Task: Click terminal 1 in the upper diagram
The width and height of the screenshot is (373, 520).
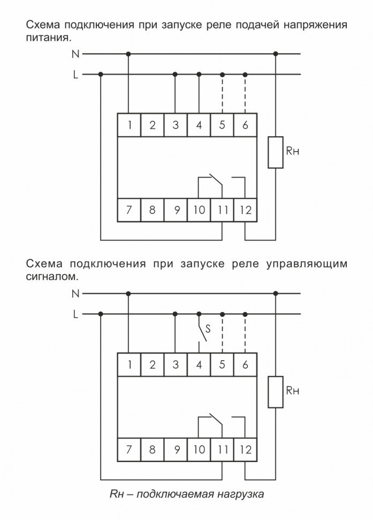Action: pos(128,125)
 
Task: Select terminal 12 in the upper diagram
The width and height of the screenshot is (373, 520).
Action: pos(246,210)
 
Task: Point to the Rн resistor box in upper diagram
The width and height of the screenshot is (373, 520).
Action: pos(275,152)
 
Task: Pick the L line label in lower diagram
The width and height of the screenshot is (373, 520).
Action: pos(75,315)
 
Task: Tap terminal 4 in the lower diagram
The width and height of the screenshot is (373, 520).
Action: pos(199,365)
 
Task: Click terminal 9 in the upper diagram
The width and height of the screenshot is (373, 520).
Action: pos(176,210)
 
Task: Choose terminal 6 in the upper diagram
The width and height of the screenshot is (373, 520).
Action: pos(246,125)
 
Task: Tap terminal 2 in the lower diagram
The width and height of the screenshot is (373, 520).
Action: pos(152,365)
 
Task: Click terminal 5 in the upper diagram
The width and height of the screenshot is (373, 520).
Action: pos(222,125)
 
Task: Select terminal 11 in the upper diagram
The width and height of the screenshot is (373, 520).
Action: pos(222,210)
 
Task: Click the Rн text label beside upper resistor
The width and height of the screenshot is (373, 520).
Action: pos(292,152)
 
